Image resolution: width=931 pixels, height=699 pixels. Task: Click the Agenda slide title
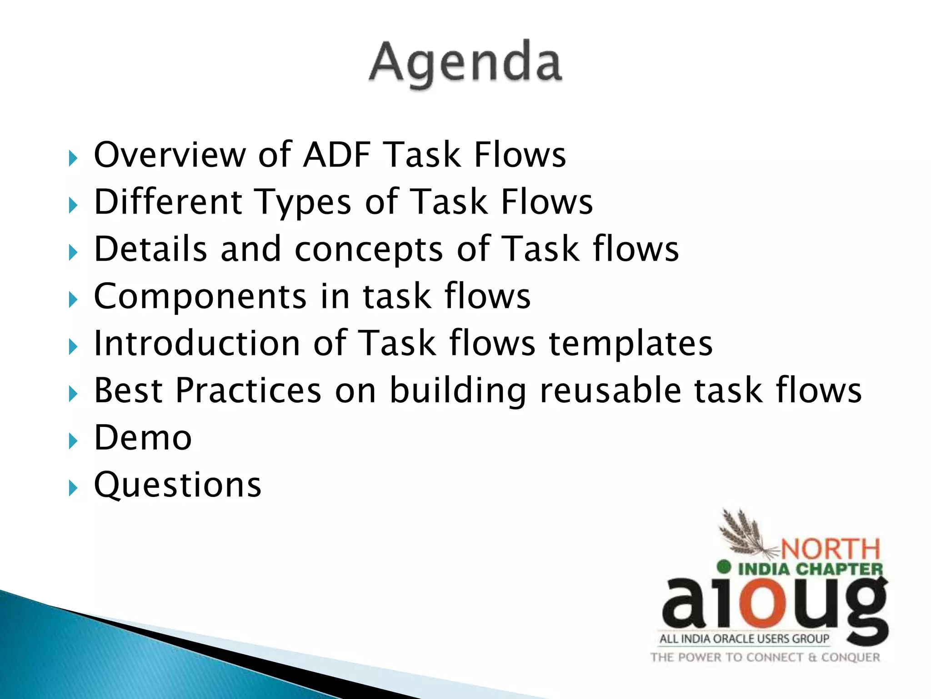coord(465,64)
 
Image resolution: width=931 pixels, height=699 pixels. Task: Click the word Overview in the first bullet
coord(169,155)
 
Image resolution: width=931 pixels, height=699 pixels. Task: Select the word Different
coord(168,202)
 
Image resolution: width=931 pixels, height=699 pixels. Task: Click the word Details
coord(150,249)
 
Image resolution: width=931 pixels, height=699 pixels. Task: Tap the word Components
coord(200,297)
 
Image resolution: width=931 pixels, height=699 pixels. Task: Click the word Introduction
coord(196,343)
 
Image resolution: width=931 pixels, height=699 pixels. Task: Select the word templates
coord(631,344)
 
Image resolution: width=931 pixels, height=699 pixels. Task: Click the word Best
coord(128,390)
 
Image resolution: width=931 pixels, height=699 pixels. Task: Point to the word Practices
coord(249,390)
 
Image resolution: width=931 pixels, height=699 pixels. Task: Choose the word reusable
coord(611,390)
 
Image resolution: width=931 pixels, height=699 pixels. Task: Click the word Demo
coord(143,438)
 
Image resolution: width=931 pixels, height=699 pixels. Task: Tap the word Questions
coord(177,485)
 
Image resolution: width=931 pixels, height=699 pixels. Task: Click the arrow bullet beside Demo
coord(73,441)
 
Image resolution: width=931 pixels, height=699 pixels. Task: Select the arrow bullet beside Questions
coord(73,488)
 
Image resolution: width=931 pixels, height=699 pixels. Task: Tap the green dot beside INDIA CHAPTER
coord(724,567)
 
